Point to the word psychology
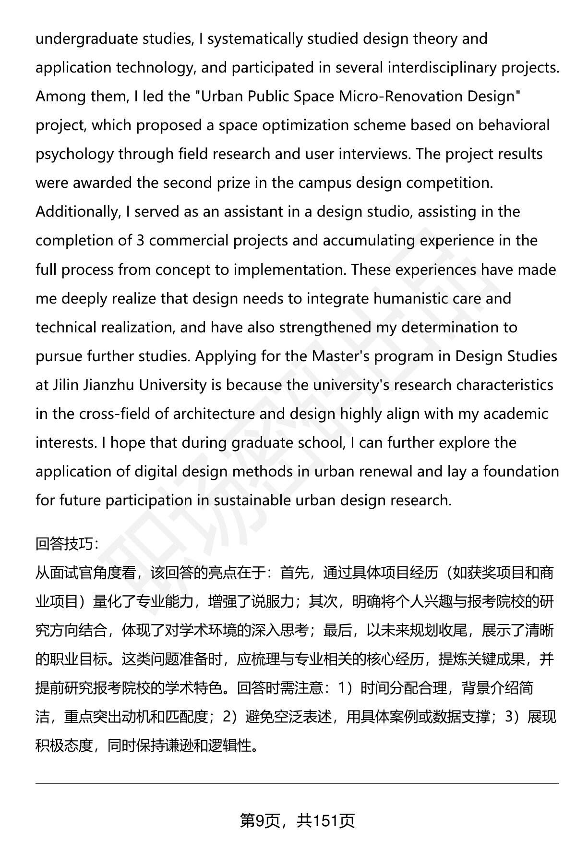75,154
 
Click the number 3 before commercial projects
140,241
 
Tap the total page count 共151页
326,821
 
